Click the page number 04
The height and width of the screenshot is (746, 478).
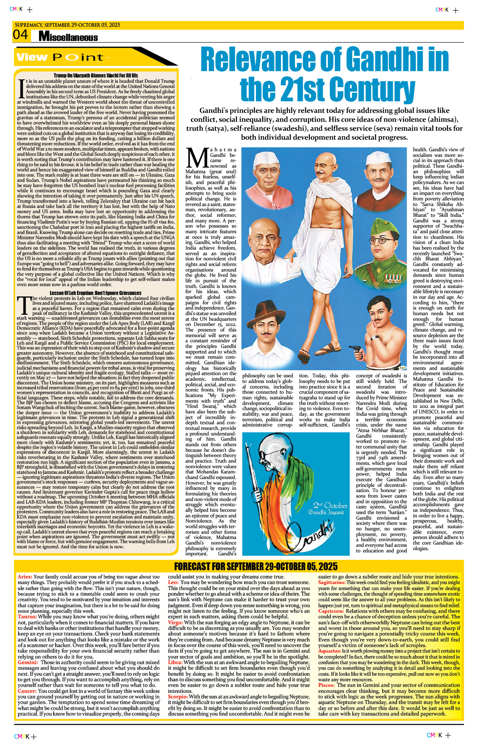(x=20, y=35)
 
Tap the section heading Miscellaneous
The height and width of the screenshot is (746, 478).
(x=68, y=37)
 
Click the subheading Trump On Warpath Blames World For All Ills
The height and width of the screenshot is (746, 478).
(x=96, y=76)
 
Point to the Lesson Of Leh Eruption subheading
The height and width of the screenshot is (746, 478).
(x=96, y=293)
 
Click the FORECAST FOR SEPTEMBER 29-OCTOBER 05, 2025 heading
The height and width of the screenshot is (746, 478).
(x=256, y=566)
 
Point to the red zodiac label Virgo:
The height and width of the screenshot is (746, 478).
(x=176, y=622)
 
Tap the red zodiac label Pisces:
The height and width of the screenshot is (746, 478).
(x=326, y=685)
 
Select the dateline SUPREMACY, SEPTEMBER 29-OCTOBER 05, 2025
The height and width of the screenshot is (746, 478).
(x=67, y=25)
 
